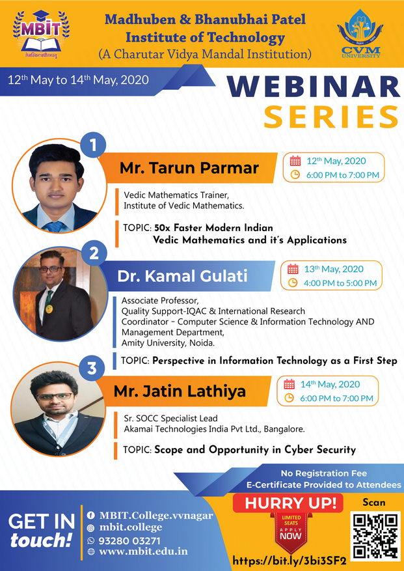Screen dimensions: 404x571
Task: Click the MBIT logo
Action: coord(41,33)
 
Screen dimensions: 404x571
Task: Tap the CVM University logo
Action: coord(360,33)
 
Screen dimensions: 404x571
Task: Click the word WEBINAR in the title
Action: coord(314,87)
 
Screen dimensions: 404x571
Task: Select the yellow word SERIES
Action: coord(331,117)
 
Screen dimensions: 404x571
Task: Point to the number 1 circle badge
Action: coord(93,145)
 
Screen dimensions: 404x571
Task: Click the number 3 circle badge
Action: coord(92,368)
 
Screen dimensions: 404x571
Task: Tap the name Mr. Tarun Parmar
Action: coord(189,167)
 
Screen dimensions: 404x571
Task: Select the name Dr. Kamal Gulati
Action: coord(182,276)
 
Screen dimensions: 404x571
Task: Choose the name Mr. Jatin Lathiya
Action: coord(180,391)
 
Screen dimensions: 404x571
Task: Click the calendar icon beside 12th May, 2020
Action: coord(295,161)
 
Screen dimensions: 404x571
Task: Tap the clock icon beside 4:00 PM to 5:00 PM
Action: coord(293,283)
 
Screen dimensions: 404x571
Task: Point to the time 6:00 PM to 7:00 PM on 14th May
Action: coord(337,398)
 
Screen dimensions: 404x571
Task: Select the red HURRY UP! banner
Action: coord(288,503)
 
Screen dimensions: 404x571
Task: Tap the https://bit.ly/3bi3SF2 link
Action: coord(290,560)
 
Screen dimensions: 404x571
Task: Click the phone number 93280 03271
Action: coord(130,540)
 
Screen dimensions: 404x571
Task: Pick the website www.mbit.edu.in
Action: coord(143,551)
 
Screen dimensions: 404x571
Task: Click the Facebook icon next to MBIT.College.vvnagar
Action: coord(90,515)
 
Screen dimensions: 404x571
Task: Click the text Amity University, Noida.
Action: coord(168,342)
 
